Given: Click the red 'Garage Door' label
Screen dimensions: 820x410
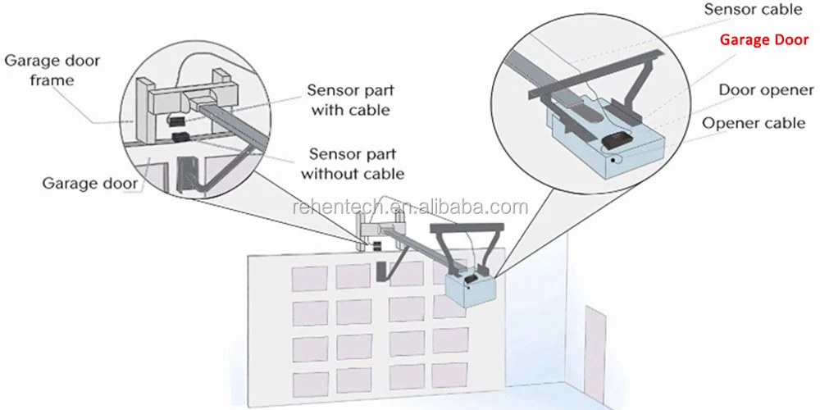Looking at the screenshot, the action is pos(763,39).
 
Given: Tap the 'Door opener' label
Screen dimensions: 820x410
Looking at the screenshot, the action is pos(766,90).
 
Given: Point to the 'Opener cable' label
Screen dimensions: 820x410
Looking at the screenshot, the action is pos(754,123).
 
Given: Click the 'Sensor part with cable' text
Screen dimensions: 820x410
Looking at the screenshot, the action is pos(348,99).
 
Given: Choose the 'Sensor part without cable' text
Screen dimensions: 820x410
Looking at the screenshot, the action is pos(352,162).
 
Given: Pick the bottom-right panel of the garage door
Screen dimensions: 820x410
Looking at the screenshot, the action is pos(453,376).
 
